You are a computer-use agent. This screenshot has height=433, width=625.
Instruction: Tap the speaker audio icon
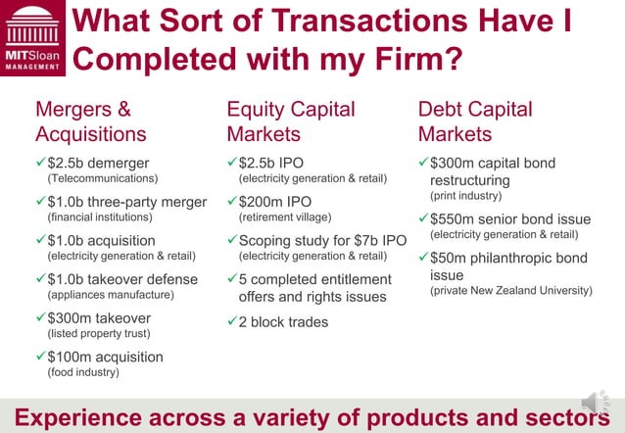pyautogui.click(x=594, y=403)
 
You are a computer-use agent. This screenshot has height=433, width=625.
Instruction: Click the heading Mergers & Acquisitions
pyautogui.click(x=90, y=121)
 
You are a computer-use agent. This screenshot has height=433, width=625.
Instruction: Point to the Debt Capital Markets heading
pyautogui.click(x=475, y=121)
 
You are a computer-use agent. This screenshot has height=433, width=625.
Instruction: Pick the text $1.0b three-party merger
pyautogui.click(x=126, y=202)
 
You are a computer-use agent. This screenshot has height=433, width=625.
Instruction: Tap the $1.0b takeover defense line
pyautogui.click(x=121, y=279)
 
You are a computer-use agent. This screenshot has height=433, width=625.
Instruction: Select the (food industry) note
pyautogui.click(x=83, y=372)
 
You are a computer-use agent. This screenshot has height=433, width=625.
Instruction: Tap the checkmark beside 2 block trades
pyautogui.click(x=232, y=321)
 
